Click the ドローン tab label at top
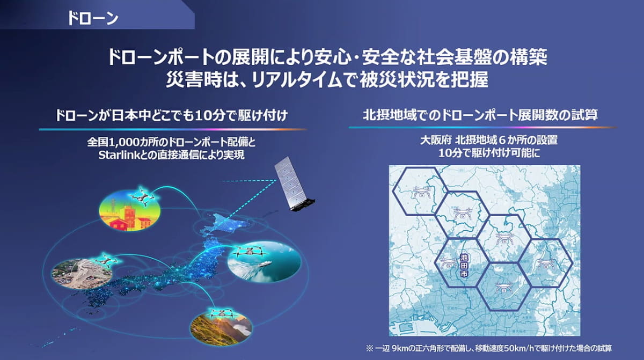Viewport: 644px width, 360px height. coord(92,17)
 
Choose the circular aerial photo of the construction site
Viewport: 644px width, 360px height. coord(81,273)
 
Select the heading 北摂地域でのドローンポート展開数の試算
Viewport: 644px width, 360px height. coord(481,115)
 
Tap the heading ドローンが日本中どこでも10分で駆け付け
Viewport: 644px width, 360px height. coord(171,115)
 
